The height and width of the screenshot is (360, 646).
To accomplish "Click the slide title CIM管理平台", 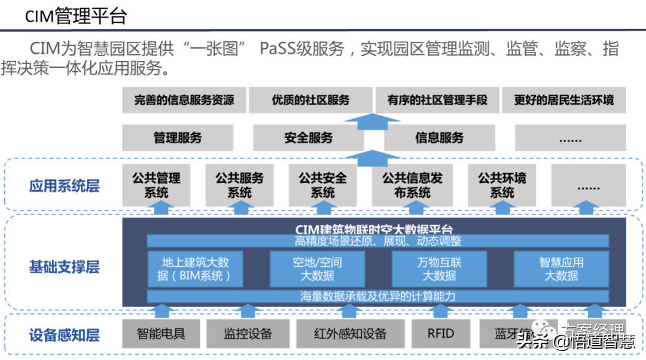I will [76, 16].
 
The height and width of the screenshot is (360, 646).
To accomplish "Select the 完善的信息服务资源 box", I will [184, 100].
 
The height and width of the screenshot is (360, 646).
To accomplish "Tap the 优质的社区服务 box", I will [310, 100].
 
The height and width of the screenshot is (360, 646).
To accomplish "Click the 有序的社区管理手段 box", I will [437, 100].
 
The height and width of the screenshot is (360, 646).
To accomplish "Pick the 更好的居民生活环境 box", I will [563, 100].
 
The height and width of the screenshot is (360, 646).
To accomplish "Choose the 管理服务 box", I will [178, 138].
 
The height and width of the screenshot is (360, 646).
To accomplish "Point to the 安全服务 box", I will [308, 138].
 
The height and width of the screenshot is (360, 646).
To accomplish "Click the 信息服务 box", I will [439, 138].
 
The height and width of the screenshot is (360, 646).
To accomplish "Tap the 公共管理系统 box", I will [156, 185].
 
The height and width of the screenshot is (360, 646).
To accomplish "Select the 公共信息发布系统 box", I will [412, 185].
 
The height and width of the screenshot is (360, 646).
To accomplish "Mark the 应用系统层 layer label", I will [64, 186].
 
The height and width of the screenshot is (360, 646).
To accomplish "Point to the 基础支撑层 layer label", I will [64, 267].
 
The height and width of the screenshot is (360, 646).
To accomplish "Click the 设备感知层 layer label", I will [64, 335].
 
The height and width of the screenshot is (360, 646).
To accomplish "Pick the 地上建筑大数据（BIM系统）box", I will [196, 269].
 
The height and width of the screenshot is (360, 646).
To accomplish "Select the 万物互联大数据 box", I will [439, 269].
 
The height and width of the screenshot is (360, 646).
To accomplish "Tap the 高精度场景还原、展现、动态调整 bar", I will [377, 241].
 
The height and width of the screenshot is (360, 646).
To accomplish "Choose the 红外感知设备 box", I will [350, 334].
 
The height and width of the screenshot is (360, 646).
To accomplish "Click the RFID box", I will [441, 334].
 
